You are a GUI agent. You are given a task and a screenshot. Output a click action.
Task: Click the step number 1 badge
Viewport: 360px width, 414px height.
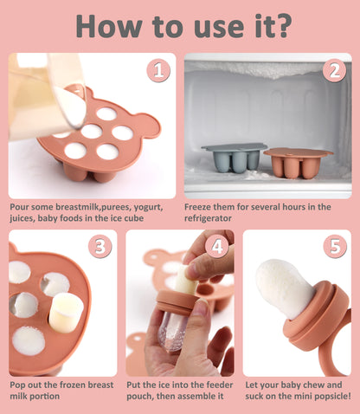pyautogui.click(x=158, y=70)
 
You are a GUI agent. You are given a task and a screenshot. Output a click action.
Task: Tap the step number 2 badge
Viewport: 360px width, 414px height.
pyautogui.click(x=334, y=70)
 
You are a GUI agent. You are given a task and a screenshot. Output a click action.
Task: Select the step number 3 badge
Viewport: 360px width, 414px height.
pyautogui.click(x=100, y=247)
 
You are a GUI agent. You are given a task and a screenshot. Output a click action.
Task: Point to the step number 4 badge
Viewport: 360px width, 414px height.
pyautogui.click(x=217, y=247)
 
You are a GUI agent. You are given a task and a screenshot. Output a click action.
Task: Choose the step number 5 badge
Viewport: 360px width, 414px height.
pyautogui.click(x=334, y=248)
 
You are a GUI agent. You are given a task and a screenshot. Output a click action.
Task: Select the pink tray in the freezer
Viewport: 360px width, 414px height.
pyautogui.click(x=298, y=161)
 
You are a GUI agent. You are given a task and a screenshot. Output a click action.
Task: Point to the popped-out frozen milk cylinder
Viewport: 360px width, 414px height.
pyautogui.click(x=65, y=312)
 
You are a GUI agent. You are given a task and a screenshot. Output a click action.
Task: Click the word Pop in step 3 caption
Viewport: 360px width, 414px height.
pyautogui.click(x=18, y=385)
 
